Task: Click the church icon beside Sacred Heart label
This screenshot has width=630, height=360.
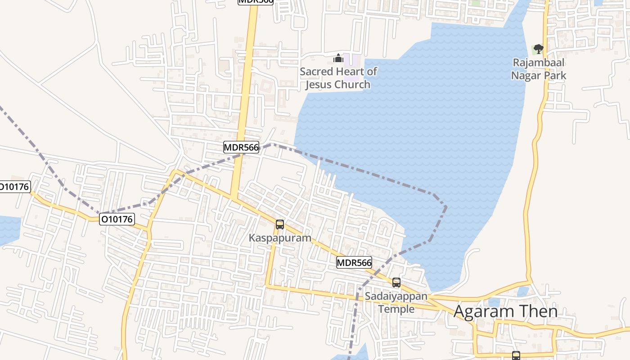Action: tap(338, 58)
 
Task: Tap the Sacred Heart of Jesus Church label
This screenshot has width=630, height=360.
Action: tap(338, 78)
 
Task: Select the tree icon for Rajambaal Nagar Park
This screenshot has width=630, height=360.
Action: tap(538, 49)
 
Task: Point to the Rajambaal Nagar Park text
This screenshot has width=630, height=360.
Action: tap(538, 69)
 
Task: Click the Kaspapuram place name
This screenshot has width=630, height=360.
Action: tap(280, 238)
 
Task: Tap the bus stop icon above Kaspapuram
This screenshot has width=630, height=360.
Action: tap(280, 224)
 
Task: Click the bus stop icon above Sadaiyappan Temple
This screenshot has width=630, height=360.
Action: tap(396, 283)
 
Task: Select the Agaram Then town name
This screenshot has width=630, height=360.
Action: tap(505, 311)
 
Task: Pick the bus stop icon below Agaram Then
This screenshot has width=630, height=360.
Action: tap(516, 355)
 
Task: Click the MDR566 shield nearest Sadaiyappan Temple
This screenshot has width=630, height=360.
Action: tap(354, 263)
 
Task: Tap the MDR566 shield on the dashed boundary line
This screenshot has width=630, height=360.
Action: tap(241, 147)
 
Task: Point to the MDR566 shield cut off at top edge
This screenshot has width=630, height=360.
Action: tap(256, 1)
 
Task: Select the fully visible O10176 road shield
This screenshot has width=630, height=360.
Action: tap(117, 219)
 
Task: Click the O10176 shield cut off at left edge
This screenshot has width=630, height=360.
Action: tap(14, 187)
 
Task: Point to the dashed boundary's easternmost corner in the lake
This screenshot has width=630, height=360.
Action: tap(446, 207)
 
